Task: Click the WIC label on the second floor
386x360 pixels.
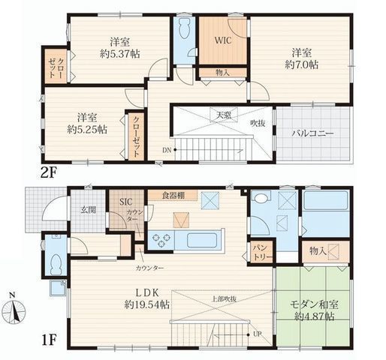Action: [x=223, y=40]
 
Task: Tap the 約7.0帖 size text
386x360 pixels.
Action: [x=302, y=64]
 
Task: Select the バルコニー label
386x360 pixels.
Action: [x=312, y=133]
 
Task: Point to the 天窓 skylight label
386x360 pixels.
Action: [x=224, y=115]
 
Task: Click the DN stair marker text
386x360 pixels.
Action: [x=167, y=150]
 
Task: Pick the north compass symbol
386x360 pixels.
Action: [x=15, y=310]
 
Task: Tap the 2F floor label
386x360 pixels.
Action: [x=49, y=172]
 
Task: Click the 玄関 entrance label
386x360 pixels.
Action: [x=88, y=209]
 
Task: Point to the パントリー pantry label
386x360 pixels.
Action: [x=261, y=253]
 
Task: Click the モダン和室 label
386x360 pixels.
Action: [x=314, y=304]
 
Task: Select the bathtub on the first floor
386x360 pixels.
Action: [x=325, y=200]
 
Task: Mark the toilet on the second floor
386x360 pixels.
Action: [x=185, y=28]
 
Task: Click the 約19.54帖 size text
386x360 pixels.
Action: [x=147, y=304]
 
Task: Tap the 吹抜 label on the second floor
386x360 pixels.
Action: [x=258, y=123]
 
